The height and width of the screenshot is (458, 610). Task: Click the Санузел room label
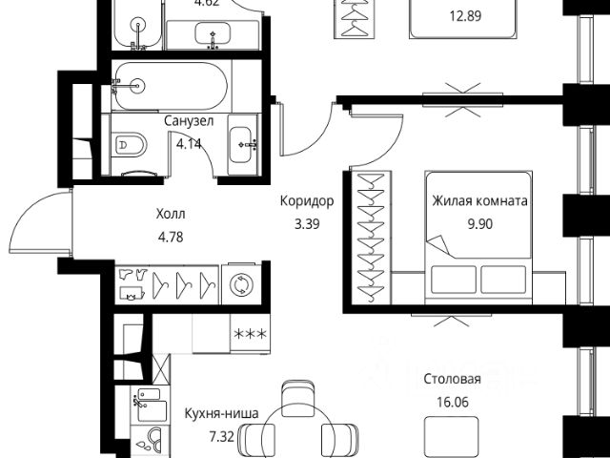(189, 121)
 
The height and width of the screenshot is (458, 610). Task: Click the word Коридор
(306, 201)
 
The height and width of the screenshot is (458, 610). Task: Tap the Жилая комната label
(479, 201)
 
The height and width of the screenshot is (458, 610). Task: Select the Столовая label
(452, 379)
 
